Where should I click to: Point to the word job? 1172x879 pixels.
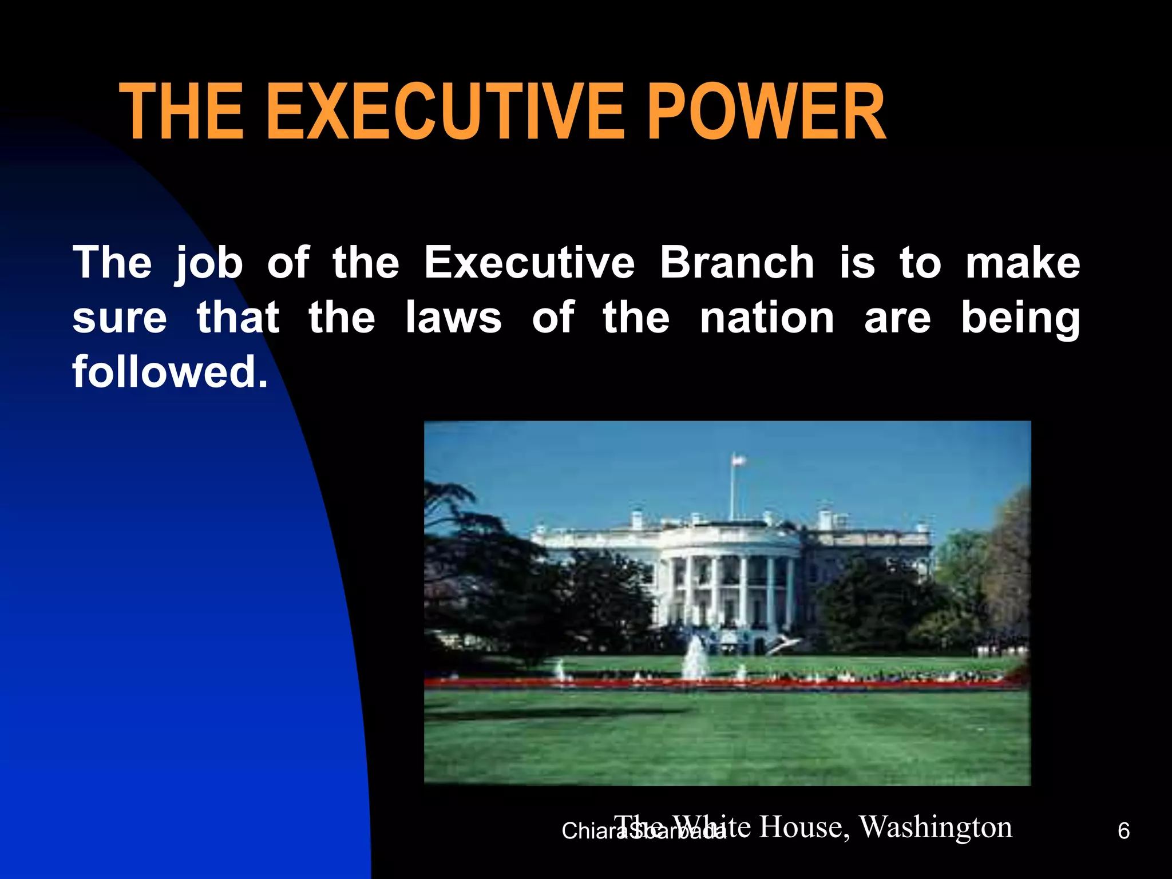tap(209, 264)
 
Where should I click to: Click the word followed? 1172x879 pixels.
tap(170, 371)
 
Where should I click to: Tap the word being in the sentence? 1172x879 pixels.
tap(1020, 319)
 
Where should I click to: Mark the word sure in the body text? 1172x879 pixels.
tap(120, 319)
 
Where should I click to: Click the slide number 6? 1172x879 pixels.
tap(1123, 831)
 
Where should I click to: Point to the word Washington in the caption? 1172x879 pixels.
tap(936, 827)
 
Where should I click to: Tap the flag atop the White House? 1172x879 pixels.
tap(739, 459)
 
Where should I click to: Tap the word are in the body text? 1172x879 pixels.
tap(897, 319)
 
